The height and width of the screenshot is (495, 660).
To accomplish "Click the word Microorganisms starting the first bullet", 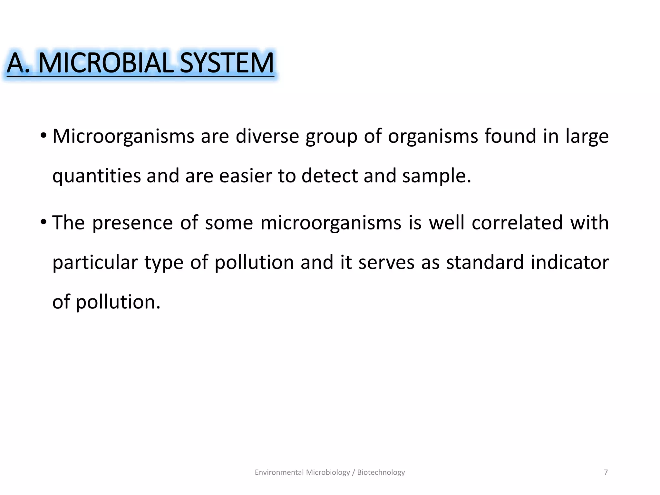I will point(123,136).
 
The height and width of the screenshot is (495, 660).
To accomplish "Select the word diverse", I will point(267,136).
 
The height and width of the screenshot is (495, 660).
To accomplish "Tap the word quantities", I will point(97,176).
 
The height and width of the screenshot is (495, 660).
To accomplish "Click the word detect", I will point(330,176).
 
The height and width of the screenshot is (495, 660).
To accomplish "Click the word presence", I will point(132,223).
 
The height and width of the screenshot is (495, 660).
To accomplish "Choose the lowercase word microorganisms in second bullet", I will point(331,223).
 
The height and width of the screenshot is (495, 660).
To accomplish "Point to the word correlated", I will point(517,223).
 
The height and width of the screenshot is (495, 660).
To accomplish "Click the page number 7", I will point(606,472).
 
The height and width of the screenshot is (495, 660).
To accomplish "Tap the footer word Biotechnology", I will point(381,472).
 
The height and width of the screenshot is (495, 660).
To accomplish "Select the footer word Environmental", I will point(279,472).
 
